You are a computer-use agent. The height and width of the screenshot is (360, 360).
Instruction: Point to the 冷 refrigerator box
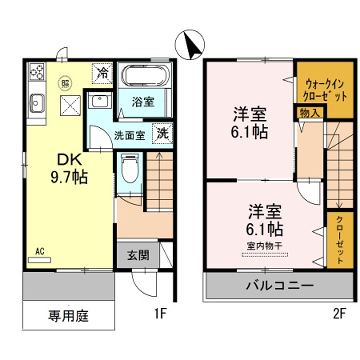coord(103,72)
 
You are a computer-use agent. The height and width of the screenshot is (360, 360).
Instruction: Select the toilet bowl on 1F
coord(129,171)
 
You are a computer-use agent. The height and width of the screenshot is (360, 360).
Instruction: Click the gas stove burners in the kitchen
coord(38,73)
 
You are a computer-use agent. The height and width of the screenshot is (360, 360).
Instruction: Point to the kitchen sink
coord(37,102)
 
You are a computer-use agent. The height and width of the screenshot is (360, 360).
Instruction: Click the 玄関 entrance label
coord(138,254)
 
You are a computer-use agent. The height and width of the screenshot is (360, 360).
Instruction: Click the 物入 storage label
coord(308,114)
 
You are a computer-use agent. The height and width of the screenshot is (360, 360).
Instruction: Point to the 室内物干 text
coord(263,243)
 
